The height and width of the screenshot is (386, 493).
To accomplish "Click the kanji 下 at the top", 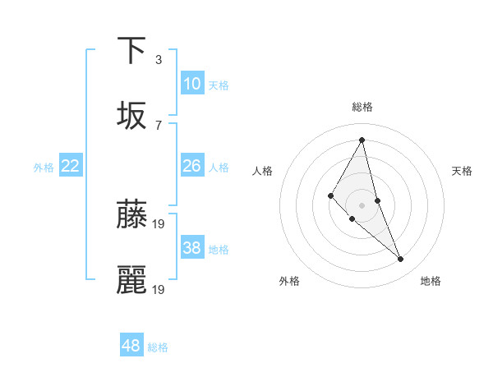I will [131, 50].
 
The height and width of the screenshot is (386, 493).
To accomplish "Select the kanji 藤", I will [131, 214].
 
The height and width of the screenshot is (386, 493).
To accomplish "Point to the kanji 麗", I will [131, 279].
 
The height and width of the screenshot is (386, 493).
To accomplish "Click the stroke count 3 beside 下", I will [158, 60].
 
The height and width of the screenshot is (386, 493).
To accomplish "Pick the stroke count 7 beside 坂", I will [158, 125].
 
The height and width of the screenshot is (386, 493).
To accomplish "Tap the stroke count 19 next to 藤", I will [159, 223].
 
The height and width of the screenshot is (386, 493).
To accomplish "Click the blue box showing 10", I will [191, 83].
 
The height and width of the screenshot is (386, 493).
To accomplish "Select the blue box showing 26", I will [191, 166].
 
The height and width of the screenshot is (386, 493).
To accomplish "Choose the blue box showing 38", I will [191, 248].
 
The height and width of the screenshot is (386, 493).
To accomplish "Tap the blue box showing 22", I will [71, 166].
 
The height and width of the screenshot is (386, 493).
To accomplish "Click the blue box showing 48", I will [131, 346].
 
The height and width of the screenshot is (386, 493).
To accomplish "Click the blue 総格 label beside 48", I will [158, 347].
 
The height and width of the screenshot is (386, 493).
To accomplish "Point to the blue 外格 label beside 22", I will [44, 168].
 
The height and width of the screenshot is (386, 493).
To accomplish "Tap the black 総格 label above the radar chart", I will [362, 107].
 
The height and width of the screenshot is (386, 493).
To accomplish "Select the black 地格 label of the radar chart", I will [431, 281].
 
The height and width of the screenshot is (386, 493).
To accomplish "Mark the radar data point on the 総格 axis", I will [362, 140].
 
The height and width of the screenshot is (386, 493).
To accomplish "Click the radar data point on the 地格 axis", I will [401, 260].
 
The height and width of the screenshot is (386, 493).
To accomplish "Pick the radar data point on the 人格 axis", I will [331, 195].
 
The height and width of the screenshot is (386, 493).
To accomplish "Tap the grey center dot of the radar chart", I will [362, 204].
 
